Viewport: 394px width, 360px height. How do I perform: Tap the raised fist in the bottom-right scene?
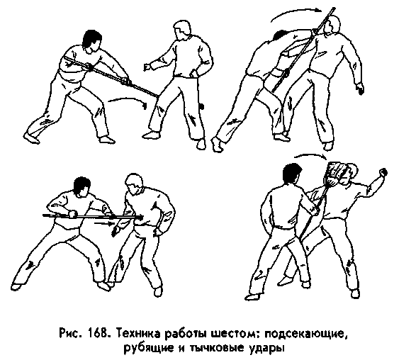coord(383,172)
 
